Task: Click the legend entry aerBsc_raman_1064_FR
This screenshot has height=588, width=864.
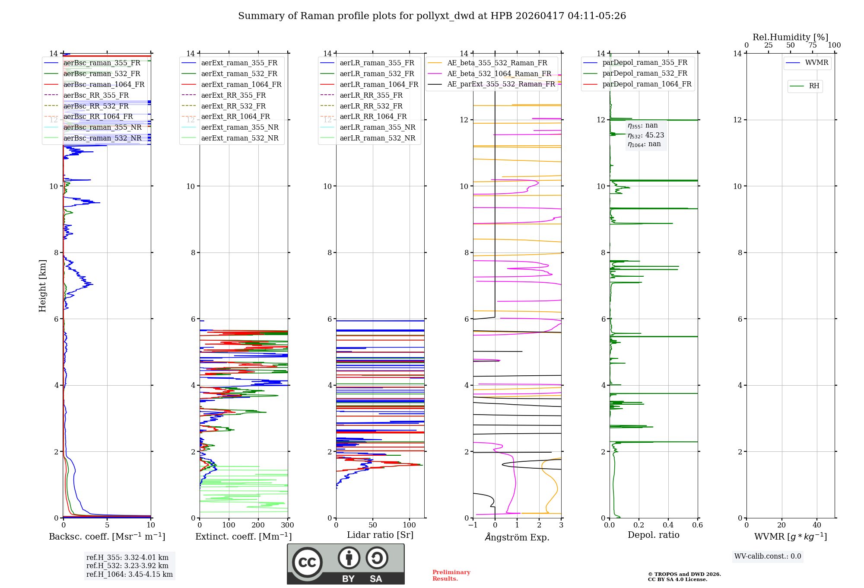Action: tap(104, 84)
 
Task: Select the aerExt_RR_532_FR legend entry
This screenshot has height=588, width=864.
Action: tap(233, 106)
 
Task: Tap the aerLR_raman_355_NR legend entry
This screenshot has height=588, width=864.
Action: tap(377, 127)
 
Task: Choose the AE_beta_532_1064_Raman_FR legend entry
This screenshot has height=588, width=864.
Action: tap(499, 73)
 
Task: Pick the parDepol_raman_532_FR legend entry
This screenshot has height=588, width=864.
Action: tap(645, 73)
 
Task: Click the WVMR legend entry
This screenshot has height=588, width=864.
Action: tap(816, 63)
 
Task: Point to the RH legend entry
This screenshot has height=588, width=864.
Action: tap(814, 86)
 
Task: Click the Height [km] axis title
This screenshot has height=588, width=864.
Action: tap(42, 285)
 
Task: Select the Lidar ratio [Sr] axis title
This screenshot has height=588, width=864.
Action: tap(380, 535)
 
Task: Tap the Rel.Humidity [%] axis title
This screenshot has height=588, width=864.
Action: tap(790, 37)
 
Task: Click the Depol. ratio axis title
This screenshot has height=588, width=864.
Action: tap(653, 535)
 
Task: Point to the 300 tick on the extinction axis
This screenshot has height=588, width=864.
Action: tap(287, 525)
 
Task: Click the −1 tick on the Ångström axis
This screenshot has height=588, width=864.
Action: tap(473, 525)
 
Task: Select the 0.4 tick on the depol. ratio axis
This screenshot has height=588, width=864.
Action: tap(668, 525)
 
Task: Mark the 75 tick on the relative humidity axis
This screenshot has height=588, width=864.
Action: tap(812, 45)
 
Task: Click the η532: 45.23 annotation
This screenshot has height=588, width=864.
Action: tap(646, 135)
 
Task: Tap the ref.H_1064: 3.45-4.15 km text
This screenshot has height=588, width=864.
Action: tap(129, 574)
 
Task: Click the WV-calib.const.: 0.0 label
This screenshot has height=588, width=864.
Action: tap(768, 556)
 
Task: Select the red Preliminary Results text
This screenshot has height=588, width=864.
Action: tap(451, 575)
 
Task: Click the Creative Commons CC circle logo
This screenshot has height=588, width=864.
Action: tap(307, 562)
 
